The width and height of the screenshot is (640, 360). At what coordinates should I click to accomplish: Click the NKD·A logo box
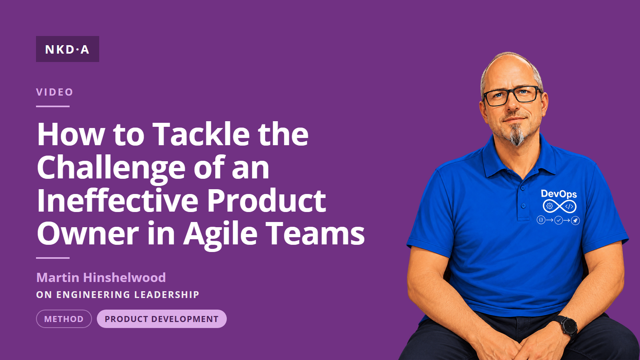pos(68,49)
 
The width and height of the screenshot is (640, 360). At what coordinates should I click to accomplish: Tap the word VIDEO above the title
pos(54,92)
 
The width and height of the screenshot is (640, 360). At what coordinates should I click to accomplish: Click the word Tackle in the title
pos(201,134)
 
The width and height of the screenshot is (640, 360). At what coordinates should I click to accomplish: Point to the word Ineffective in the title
pos(118,200)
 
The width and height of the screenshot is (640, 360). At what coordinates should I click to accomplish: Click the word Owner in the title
pos(88,234)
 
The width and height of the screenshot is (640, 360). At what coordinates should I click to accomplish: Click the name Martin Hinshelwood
pos(101,278)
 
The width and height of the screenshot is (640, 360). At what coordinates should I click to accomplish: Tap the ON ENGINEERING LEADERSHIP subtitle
pos(118,294)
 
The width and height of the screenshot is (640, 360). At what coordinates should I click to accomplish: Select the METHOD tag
pos(64,319)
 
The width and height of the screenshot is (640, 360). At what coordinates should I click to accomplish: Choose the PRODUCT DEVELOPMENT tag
pos(162,319)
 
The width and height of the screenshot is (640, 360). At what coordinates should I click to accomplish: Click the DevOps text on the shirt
pos(559,194)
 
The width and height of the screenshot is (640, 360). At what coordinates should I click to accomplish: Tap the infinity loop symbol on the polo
pos(560,206)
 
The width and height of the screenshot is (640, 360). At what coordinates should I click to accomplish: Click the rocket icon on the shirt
pos(575,220)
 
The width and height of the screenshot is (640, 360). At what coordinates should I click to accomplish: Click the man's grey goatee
pos(518,135)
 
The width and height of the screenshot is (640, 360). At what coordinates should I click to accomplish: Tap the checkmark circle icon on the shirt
pos(558,220)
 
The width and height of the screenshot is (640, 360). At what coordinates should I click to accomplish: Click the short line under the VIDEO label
pos(53,106)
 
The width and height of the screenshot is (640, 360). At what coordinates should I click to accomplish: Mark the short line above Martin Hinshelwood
pos(53,258)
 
